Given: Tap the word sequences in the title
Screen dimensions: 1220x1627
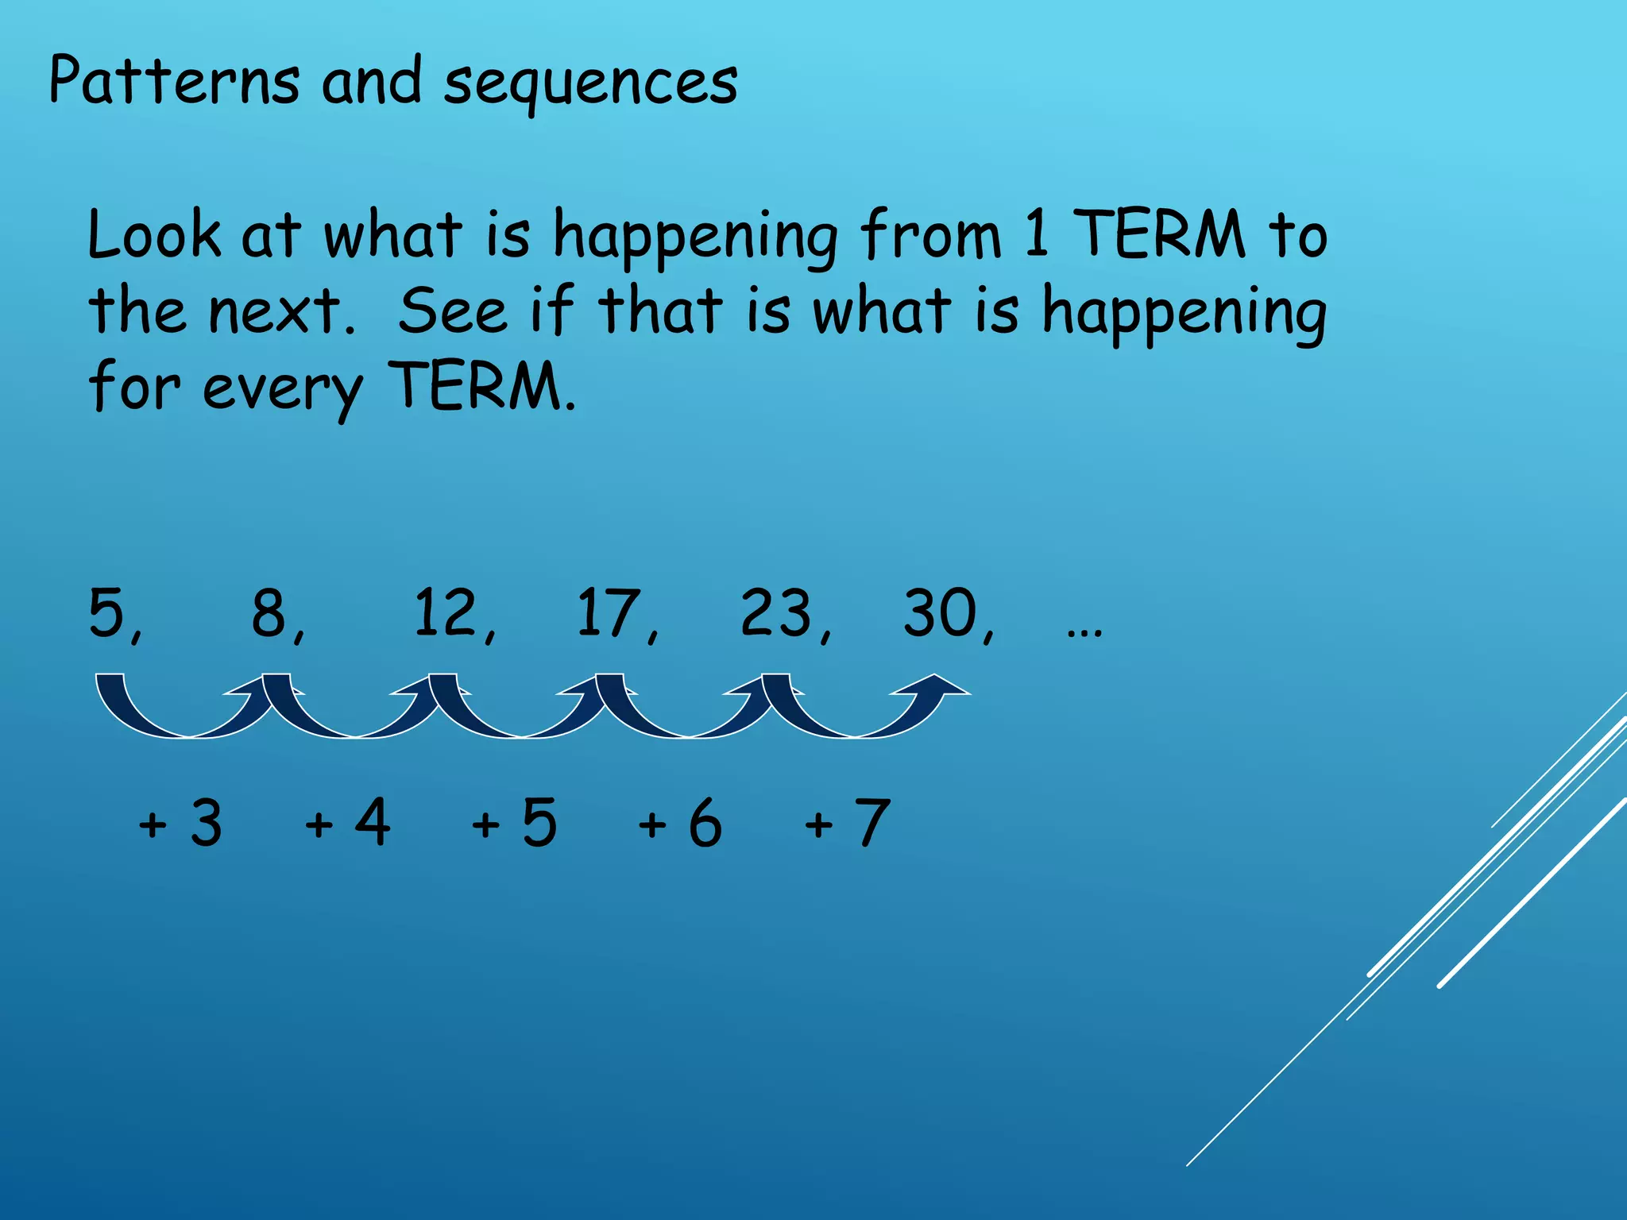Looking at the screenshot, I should pyautogui.click(x=590, y=84).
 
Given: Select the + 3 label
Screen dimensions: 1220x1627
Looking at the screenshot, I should pyautogui.click(x=180, y=823).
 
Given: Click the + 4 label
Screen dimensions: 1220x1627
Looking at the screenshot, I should pyautogui.click(x=347, y=823).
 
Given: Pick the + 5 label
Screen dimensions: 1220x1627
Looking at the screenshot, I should pyautogui.click(x=514, y=823).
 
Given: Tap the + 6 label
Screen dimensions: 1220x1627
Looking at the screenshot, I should pyautogui.click(x=680, y=823).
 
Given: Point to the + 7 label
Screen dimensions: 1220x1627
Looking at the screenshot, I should pyautogui.click(x=847, y=823).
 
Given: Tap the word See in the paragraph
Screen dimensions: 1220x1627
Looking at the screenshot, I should pyautogui.click(x=452, y=311).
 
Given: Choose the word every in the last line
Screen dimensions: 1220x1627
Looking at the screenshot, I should pyautogui.click(x=282, y=390).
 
